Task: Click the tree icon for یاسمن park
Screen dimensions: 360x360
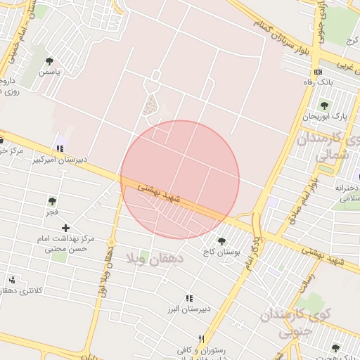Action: [x=49, y=62]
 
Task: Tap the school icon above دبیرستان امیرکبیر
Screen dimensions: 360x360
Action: [x=60, y=148]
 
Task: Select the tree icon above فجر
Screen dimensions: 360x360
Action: [x=51, y=201]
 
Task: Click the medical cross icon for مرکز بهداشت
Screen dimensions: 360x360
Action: [x=65, y=228]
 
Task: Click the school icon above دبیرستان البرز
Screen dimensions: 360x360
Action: [x=188, y=298]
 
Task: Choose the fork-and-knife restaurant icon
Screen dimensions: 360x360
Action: [x=202, y=338]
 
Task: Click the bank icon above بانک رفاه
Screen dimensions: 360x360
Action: [x=319, y=72]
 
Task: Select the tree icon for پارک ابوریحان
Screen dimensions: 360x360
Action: [x=324, y=105]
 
